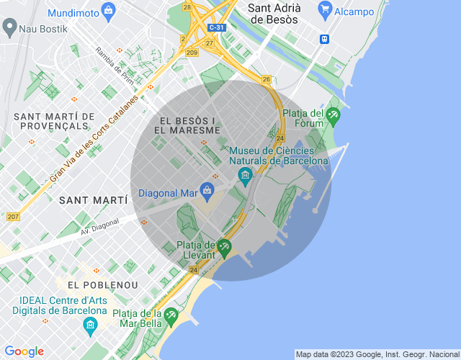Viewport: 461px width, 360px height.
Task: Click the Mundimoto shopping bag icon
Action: (108, 10)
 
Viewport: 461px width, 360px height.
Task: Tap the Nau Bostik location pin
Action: (9, 29)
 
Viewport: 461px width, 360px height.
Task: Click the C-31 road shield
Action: (215, 27)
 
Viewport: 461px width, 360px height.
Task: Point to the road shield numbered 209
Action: (192, 53)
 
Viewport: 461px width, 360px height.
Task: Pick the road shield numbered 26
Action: (266, 79)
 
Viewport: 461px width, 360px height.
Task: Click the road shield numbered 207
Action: (13, 217)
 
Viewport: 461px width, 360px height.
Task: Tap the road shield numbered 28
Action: (187, 7)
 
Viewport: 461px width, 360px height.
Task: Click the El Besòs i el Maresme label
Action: (187, 125)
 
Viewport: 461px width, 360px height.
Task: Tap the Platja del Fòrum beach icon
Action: (333, 114)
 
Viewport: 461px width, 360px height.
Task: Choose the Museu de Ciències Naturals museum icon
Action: (245, 174)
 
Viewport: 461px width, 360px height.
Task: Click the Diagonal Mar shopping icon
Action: (208, 190)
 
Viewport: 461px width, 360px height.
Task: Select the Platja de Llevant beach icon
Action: (224, 247)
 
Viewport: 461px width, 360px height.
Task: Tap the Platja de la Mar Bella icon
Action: (171, 315)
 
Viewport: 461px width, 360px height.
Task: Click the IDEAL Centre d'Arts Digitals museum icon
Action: (91, 326)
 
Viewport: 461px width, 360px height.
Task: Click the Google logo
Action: (24, 351)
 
